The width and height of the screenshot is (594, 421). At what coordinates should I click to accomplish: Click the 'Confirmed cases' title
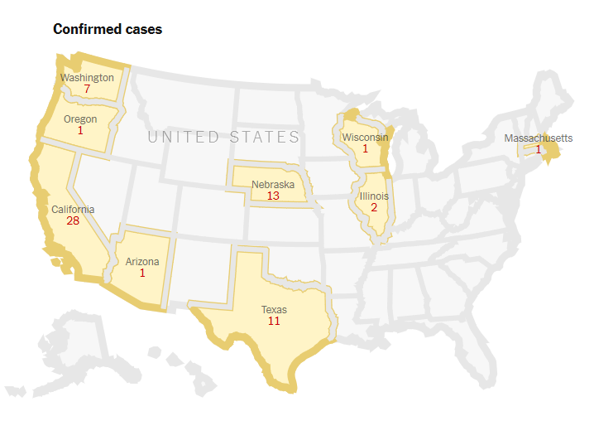[x=108, y=29]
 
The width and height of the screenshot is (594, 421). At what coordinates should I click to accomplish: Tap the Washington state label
[x=87, y=78]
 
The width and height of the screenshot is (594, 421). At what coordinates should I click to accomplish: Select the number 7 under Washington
[x=87, y=89]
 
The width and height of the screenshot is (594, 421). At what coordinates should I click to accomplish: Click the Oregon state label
[x=80, y=119]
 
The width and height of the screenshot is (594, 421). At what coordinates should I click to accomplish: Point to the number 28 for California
[x=73, y=221]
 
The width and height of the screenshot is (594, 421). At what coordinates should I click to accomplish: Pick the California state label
[x=73, y=210]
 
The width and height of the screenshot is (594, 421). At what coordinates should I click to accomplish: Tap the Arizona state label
[x=142, y=262]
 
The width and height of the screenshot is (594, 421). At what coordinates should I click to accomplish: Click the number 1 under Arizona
[x=142, y=273]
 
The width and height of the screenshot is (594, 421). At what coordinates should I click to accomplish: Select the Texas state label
[x=274, y=309]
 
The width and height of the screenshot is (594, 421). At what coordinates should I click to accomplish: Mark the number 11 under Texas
[x=274, y=320]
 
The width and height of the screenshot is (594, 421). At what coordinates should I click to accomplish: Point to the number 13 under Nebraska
[x=273, y=196]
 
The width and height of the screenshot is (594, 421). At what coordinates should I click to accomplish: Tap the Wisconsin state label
[x=365, y=138]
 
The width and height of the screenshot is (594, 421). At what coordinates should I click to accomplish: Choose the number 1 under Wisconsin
[x=365, y=149]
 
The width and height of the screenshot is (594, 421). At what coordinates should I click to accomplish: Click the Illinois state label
[x=373, y=196]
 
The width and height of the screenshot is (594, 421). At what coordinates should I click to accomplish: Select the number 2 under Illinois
[x=373, y=207]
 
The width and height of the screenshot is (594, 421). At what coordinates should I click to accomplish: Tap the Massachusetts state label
[x=539, y=138]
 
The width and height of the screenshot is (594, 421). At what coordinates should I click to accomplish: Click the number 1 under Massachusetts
[x=539, y=149]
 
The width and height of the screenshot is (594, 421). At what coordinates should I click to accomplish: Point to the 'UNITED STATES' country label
[x=223, y=137]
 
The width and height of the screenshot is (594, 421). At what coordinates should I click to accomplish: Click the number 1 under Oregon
[x=80, y=130]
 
